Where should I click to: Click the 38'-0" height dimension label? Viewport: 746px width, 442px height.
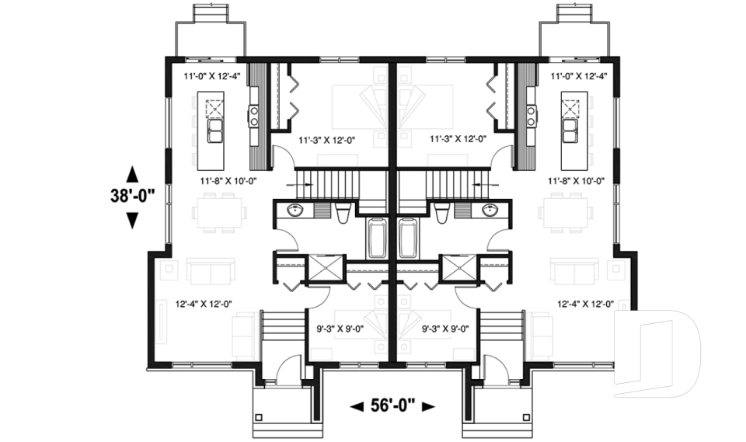[x=132, y=197]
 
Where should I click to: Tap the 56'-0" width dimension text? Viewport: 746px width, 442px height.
[x=392, y=405]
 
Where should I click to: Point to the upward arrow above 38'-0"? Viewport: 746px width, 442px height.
[x=132, y=173]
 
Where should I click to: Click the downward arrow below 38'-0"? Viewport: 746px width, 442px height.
[x=132, y=221]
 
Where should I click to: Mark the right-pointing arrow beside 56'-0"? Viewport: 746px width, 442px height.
[x=428, y=406]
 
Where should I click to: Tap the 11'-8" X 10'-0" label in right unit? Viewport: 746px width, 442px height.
[x=576, y=180]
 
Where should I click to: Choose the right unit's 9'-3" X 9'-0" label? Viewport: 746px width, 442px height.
[x=447, y=328]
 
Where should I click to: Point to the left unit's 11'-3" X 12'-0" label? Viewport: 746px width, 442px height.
[x=326, y=139]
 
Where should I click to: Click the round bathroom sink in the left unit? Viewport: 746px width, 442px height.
[x=295, y=211]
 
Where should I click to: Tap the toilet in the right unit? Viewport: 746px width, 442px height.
[x=441, y=212]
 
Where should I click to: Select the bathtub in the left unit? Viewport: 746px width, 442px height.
[x=378, y=238]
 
